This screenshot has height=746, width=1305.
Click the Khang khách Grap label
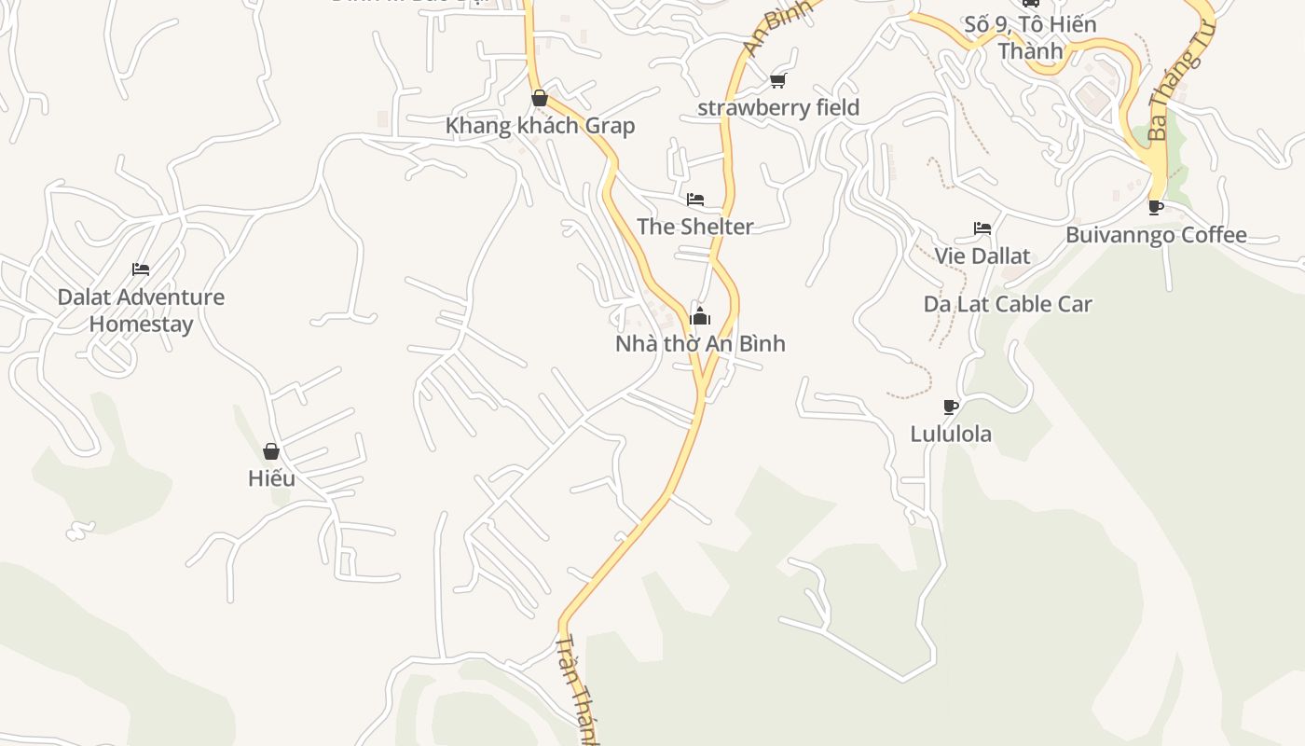540,126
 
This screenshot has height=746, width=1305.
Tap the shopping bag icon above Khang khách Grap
539,98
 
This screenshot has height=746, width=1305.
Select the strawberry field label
778,107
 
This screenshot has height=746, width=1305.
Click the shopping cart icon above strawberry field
778,81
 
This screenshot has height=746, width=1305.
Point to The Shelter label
695,227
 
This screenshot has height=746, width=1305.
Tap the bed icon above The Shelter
695,200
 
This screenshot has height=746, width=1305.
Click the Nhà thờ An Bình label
700,343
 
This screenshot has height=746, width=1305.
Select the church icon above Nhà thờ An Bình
700,317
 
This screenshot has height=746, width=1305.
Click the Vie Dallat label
982,256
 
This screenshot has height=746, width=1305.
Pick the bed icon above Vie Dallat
982,228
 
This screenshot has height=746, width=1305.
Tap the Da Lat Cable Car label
1008,304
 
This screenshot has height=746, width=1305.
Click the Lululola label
951,434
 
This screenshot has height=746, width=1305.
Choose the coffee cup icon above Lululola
951,407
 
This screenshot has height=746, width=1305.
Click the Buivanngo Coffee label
1156,234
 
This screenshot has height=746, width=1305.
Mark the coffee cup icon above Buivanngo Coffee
1156,207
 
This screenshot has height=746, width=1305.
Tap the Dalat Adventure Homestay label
141,311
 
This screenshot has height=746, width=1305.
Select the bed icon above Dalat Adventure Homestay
141,269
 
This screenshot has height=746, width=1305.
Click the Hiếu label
271,478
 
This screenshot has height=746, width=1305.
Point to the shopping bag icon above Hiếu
271,451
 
